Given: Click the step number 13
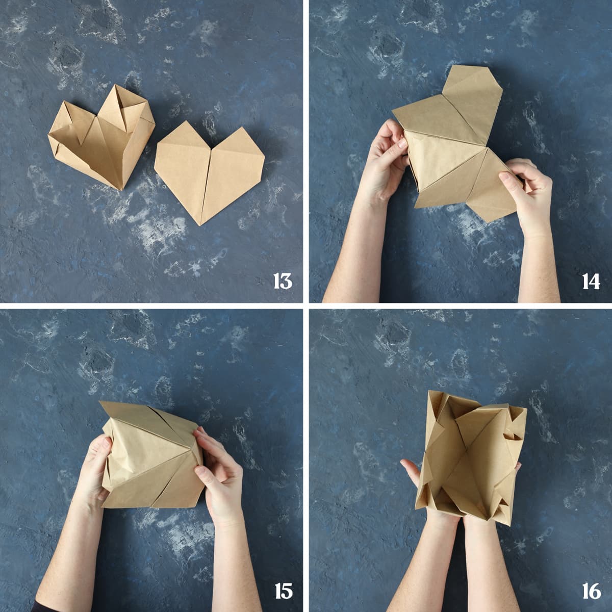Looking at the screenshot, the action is coord(283,281).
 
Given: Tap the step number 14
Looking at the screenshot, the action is coord(591,281).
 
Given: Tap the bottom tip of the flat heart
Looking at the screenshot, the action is coord(200,225).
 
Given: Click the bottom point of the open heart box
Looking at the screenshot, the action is coord(120,190).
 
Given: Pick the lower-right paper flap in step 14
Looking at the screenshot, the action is coord(491,187).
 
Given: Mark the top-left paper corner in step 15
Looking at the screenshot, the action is coord(100,402).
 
